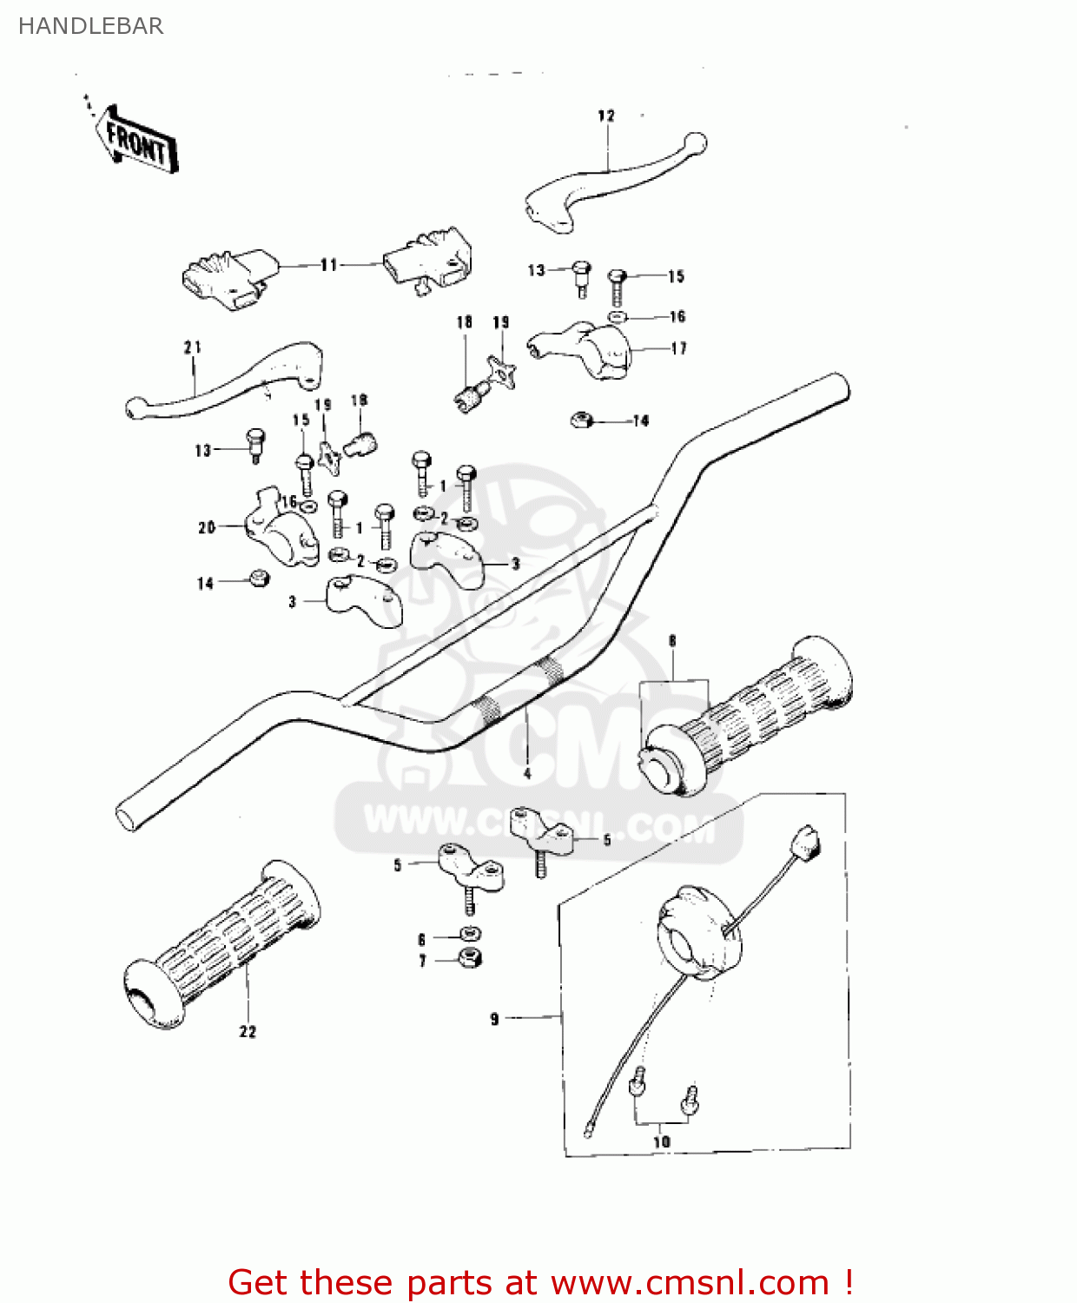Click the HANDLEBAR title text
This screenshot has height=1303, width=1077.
90,26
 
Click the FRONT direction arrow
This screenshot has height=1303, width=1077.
138,142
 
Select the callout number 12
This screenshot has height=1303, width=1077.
606,116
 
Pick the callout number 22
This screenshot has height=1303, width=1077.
248,1031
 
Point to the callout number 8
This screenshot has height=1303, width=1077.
672,641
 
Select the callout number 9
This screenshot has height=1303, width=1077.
494,1018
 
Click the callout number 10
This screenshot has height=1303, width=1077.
661,1141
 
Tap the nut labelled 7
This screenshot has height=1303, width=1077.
470,959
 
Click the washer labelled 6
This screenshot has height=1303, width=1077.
470,936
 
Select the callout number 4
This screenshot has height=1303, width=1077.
527,773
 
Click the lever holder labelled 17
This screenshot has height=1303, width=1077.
591,349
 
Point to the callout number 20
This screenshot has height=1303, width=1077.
206,527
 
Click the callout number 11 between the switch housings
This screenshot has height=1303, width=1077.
328,265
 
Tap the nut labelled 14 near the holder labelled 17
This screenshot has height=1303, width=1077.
581,420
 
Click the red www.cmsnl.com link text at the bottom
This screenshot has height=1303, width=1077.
690,1282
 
